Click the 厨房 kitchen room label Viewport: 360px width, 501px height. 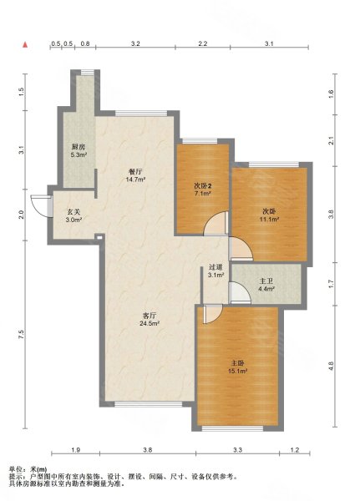click(79, 148)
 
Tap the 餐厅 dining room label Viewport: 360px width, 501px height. click(135, 171)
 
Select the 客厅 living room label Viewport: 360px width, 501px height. click(150, 316)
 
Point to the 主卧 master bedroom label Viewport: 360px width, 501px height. click(238, 363)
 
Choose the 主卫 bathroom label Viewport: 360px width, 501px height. click(266, 281)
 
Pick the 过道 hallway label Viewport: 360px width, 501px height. click(215, 267)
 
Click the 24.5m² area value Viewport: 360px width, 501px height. click(150, 323)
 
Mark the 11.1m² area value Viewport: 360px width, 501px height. click(270, 219)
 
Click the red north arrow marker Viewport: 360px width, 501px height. click(25, 45)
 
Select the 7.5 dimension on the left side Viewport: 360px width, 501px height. click(21, 334)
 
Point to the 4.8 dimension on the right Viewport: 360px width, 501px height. click(332, 366)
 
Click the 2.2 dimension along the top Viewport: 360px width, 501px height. click(203, 43)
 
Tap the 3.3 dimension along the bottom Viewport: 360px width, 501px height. click(237, 450)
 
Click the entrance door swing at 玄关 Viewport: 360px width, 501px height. click(40, 206)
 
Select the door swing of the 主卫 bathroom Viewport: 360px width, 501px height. click(240, 292)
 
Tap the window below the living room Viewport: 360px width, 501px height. click(149, 404)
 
